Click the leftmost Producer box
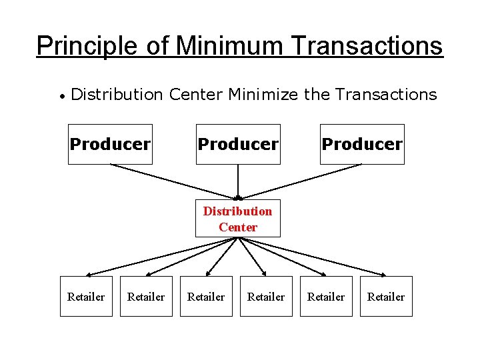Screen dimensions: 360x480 [x=110, y=144]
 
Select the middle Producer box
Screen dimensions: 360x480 [x=238, y=144]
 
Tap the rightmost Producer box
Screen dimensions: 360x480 [x=362, y=144]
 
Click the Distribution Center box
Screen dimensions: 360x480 [x=238, y=219]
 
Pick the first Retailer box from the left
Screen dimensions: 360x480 [x=86, y=297]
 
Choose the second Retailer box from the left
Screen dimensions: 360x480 [x=146, y=297]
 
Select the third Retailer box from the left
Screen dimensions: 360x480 [x=206, y=297]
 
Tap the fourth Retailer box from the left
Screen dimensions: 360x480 [x=266, y=297]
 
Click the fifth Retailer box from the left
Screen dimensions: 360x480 [x=326, y=297]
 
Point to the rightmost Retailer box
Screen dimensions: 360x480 [x=386, y=297]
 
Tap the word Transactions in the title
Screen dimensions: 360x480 [x=367, y=46]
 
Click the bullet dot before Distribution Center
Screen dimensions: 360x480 [x=61, y=96]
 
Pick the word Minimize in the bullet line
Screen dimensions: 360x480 [x=263, y=95]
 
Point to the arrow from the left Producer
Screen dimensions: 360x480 [x=173, y=181]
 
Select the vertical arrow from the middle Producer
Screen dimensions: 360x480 [x=238, y=181]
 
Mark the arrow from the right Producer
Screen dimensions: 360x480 [x=300, y=181]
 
